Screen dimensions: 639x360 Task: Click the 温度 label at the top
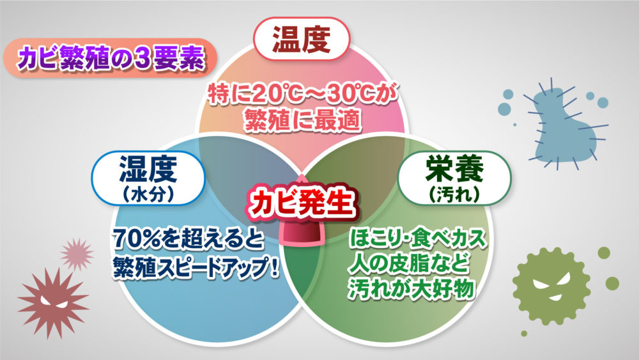pos(301,40)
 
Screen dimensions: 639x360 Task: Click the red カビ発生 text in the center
pos(301,203)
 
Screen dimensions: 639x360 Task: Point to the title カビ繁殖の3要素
pos(111,58)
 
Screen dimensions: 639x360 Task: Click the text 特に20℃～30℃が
pos(302,95)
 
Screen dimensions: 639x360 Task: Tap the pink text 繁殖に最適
pos(302,121)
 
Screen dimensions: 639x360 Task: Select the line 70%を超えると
pos(189,239)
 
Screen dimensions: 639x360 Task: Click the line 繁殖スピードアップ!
pos(196,267)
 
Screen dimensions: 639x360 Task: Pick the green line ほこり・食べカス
pos(418,239)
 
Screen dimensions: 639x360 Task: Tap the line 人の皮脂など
pos(408,263)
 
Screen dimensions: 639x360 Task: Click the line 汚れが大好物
pos(412,288)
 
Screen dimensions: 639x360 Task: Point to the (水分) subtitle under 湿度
pos(148,194)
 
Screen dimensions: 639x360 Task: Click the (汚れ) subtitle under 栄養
pos(454,194)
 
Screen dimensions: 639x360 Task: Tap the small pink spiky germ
pos(77,254)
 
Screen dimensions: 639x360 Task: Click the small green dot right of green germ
pos(612,283)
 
